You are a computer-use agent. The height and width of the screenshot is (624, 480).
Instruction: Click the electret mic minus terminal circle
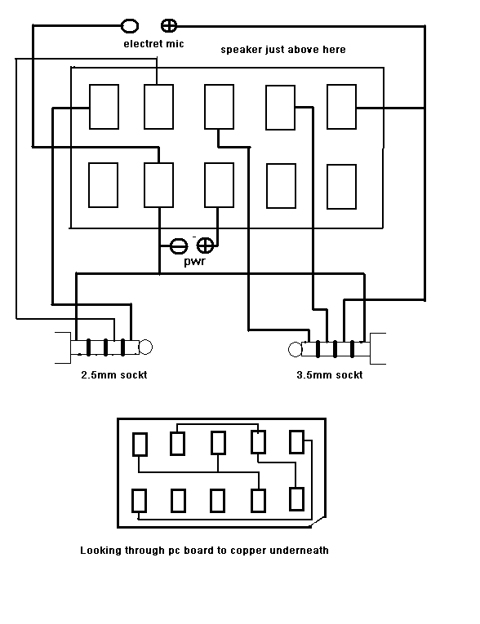[x=130, y=26]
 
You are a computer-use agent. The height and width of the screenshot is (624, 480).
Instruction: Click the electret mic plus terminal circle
[x=168, y=26]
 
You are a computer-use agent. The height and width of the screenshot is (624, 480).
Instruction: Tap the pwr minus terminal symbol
[x=179, y=246]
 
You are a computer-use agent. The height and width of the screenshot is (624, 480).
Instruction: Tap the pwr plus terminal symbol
[x=206, y=246]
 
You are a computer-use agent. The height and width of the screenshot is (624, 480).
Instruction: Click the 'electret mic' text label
[x=153, y=44]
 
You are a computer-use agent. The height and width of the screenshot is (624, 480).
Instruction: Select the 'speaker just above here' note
[x=283, y=50]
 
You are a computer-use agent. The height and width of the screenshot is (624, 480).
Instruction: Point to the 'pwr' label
[x=195, y=262]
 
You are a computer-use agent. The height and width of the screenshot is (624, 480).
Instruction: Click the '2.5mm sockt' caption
[x=114, y=375]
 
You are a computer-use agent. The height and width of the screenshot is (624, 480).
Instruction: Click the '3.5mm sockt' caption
[x=330, y=375]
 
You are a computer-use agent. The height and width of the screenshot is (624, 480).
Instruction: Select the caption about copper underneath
[x=204, y=551]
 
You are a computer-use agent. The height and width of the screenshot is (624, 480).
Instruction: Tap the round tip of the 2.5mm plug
[x=145, y=347]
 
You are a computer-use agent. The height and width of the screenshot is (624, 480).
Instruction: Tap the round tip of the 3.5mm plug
[x=296, y=349]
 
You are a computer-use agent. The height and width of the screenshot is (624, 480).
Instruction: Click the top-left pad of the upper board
[x=104, y=107]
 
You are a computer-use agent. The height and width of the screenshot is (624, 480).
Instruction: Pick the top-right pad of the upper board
[x=341, y=107]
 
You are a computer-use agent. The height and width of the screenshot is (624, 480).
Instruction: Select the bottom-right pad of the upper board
[x=341, y=187]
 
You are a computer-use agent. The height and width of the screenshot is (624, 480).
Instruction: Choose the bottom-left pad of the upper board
[x=103, y=185]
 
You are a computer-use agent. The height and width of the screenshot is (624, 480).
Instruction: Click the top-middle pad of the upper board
[x=219, y=107]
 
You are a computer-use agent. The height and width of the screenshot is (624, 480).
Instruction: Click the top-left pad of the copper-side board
[x=140, y=445]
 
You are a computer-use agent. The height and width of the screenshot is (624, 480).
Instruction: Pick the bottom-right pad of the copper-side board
[x=297, y=499]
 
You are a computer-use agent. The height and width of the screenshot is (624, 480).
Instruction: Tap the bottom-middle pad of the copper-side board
[x=217, y=501]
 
